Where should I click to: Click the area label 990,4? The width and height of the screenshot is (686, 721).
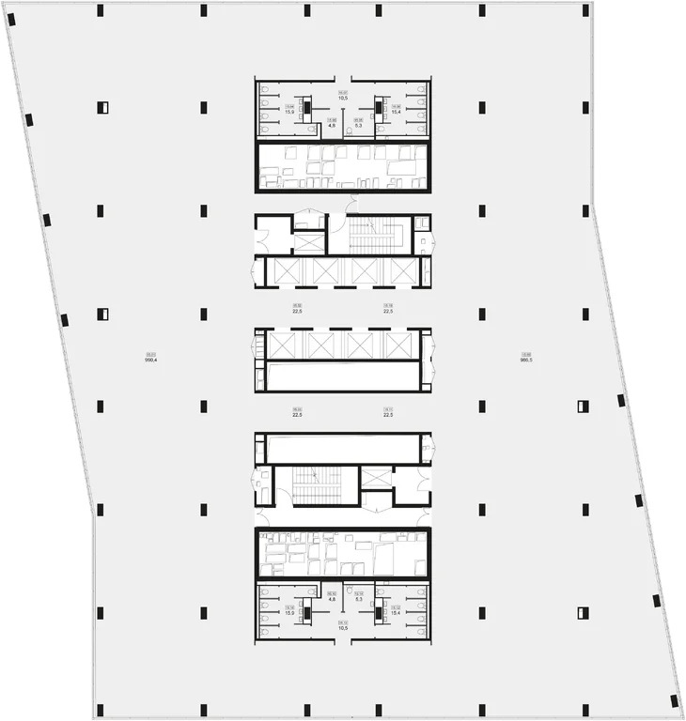pos(149,358)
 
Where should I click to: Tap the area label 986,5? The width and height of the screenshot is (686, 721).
pos(526,358)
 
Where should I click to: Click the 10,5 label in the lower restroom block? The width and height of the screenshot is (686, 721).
pos(344,625)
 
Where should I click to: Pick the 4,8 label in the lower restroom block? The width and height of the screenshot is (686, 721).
pos(332,598)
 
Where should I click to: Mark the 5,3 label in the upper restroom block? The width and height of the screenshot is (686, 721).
pos(358,125)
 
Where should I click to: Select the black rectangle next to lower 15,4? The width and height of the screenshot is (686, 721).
pos(378,613)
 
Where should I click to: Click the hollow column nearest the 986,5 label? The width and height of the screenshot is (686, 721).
pos(583,407)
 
